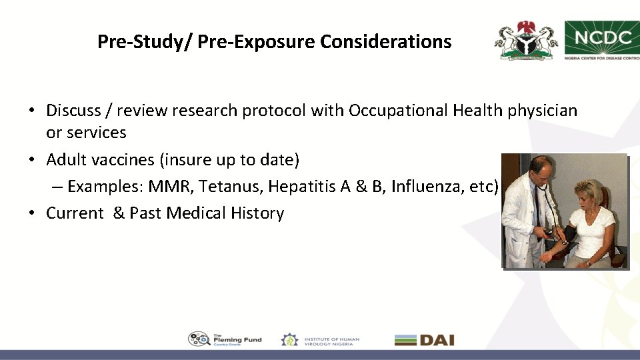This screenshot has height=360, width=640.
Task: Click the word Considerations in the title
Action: pyautogui.click(x=385, y=41)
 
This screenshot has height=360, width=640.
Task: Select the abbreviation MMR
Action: pyautogui.click(x=169, y=187)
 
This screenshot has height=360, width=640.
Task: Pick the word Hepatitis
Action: pyautogui.click(x=301, y=187)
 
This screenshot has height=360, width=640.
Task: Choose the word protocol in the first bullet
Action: pyautogui.click(x=274, y=111)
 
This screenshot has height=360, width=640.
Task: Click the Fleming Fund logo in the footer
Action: pyautogui.click(x=225, y=339)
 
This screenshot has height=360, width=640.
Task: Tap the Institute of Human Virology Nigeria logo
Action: pyautogui.click(x=320, y=339)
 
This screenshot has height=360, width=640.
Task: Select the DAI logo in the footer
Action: pyautogui.click(x=425, y=339)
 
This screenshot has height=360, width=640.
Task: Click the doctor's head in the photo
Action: pyautogui.click(x=541, y=171)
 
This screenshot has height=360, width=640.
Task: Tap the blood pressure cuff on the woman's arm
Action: pyautogui.click(x=568, y=233)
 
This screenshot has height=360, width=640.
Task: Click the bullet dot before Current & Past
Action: pyautogui.click(x=32, y=213)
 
